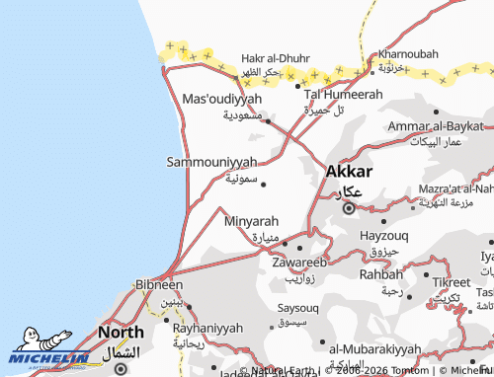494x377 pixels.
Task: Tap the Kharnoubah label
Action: coord(407,52)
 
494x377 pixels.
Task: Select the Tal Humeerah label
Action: coord(343,94)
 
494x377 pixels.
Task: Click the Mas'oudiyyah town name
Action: coord(223,100)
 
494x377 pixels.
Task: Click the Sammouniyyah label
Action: coord(212,161)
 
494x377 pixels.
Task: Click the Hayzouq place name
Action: coord(385,236)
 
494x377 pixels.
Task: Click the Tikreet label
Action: coord(452,282)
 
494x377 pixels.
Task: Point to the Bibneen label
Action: coord(158,284)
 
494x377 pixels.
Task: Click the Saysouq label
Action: coord(291,307)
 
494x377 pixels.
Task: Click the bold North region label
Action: coord(121,334)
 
